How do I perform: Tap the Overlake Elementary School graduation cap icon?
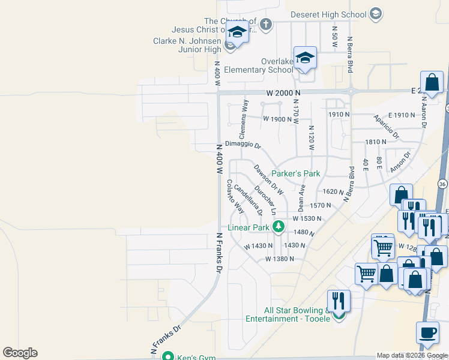point(305,58)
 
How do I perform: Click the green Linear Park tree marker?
point(278,227)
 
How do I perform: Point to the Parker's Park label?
point(296,173)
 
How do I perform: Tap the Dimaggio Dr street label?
point(243,145)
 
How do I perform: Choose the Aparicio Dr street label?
point(387,127)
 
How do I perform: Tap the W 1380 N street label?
point(280,259)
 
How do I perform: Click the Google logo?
point(20,353)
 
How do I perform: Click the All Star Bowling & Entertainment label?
point(297,314)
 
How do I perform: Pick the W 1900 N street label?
point(277,119)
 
